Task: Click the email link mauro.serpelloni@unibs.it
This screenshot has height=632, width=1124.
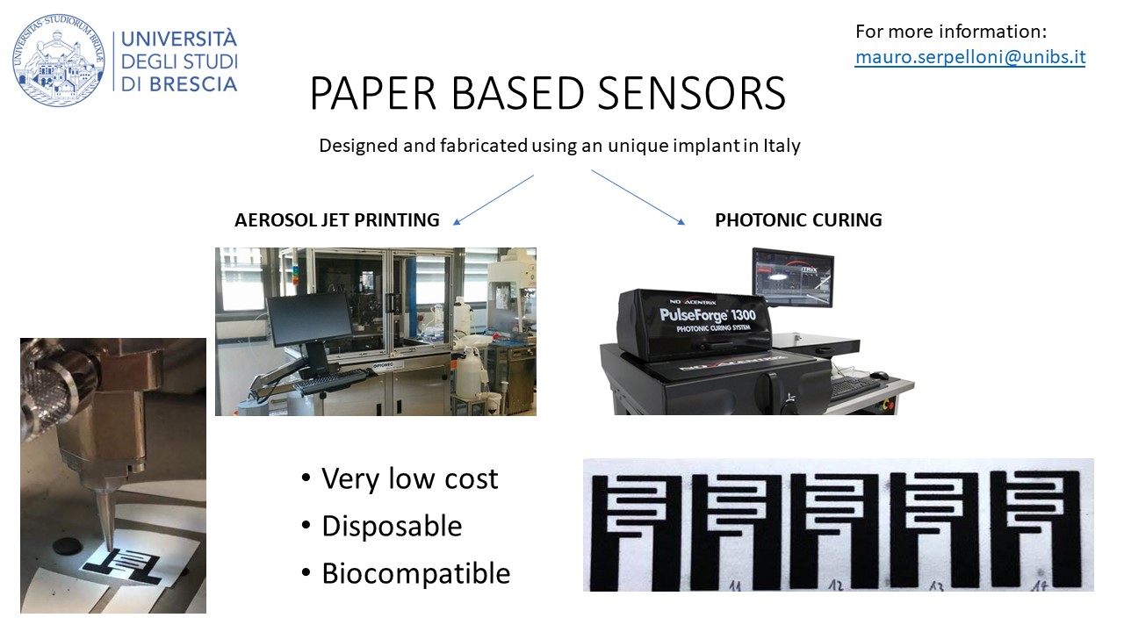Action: pos(970,58)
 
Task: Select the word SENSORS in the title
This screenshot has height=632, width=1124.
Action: pos(685,94)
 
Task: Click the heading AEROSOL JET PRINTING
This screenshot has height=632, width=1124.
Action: pos(336,220)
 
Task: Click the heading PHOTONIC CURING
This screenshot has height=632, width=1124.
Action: pos(798,220)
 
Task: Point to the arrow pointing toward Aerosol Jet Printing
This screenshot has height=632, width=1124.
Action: pos(494,199)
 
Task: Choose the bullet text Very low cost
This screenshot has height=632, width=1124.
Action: pos(409,479)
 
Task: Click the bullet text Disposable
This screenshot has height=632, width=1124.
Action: pos(392,526)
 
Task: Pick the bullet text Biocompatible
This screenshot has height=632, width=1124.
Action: pos(415,573)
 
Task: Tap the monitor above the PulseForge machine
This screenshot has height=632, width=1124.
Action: pos(793,278)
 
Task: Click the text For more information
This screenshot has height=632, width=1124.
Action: pos(951,32)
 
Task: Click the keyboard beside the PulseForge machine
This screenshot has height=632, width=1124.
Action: pos(854,384)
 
